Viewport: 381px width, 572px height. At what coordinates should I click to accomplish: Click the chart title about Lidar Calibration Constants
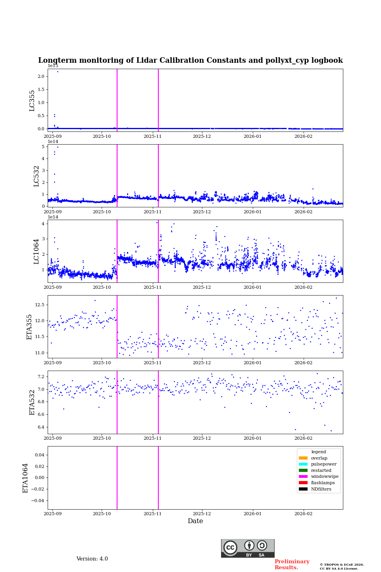pos(190,60)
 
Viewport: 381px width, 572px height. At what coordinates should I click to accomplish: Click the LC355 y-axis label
pos(32,100)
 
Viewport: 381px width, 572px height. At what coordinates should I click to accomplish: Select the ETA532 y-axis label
pos(32,402)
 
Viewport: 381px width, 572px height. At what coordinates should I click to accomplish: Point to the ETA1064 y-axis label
pos(25,478)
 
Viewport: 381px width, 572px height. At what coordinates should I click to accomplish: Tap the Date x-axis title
pos(195,521)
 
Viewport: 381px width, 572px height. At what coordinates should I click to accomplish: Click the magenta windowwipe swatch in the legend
pos(303,477)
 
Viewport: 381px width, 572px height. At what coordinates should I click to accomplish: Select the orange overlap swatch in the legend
pos(303,458)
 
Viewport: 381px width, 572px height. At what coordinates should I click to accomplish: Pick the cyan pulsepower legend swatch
pos(303,464)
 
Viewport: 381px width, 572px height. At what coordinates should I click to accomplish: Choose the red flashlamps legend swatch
pos(303,483)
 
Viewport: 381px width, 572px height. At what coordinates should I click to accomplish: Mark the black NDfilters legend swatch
pos(303,489)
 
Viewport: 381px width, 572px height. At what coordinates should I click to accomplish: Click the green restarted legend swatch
pos(303,470)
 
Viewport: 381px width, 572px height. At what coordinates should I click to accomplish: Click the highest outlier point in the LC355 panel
pos(58,71)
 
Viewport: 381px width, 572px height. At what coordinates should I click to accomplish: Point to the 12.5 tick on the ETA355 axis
pos(39,305)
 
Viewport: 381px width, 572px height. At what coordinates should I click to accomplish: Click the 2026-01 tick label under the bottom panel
pos(253,514)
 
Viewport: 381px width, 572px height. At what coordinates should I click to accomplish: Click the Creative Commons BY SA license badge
pos(248,548)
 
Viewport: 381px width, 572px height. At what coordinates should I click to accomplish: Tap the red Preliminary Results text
pos(292,564)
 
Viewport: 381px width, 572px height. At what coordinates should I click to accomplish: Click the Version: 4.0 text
pos(92,559)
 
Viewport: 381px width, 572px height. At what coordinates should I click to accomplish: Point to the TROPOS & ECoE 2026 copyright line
pos(342,565)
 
